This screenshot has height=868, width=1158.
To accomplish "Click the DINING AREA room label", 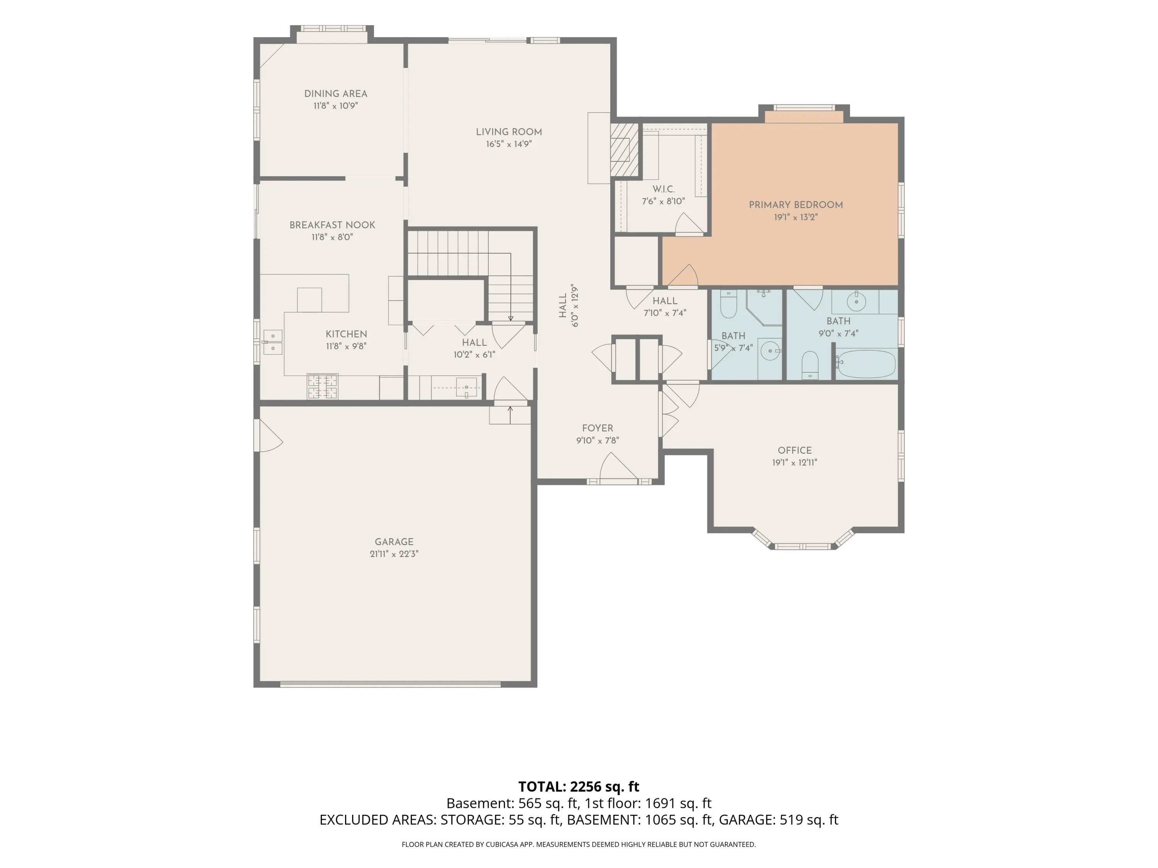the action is coord(335,94).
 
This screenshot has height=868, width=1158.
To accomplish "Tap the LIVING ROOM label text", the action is coord(509,132).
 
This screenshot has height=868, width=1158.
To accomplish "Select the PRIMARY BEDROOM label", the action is coord(796,204).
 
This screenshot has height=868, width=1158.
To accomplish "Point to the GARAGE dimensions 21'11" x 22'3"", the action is coord(394,554).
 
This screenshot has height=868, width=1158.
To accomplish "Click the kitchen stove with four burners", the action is coord(322,386).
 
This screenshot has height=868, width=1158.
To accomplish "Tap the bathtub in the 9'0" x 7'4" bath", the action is coord(865,364).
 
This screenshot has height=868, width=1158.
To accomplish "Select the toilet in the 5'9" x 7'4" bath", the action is coord(728,304).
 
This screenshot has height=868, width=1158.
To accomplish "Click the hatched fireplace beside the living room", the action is coord(625,150).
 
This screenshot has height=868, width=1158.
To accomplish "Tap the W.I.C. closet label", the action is coord(663,189).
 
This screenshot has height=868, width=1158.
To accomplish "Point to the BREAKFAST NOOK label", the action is coord(332,225).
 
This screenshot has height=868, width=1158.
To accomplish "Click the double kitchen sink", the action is coord(273,342).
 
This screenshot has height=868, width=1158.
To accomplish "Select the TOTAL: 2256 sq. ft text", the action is coord(579,786).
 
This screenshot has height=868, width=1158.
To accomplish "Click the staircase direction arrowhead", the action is coord(510,318).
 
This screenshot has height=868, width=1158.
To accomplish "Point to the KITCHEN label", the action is coord(346,334).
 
